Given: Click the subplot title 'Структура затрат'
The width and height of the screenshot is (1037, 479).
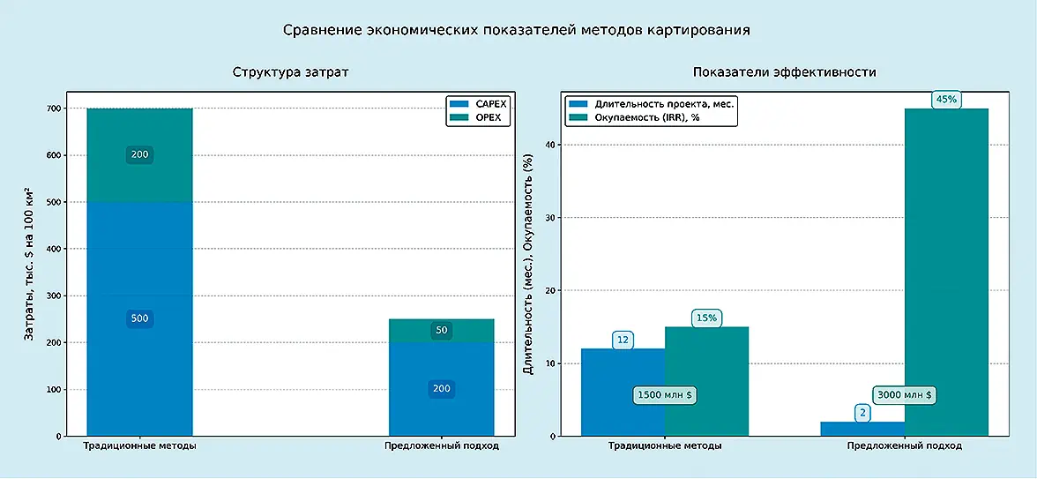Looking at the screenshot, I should click(290, 72).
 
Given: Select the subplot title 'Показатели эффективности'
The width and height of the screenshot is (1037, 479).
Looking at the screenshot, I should click(784, 72).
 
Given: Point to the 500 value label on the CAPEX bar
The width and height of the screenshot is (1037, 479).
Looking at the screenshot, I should click(139, 318).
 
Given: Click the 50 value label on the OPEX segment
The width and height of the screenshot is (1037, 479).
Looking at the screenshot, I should click(442, 331).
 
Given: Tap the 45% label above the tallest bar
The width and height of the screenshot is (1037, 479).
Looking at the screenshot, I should click(946, 100).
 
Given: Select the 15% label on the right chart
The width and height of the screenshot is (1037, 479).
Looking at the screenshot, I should click(705, 318).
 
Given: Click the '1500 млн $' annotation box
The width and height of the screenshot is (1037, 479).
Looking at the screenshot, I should click(665, 395).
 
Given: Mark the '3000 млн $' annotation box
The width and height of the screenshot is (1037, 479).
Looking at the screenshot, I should click(904, 395).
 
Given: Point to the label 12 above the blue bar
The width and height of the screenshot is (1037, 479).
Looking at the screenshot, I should click(623, 340).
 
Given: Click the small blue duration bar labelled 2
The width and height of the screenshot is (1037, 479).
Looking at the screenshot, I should click(862, 429).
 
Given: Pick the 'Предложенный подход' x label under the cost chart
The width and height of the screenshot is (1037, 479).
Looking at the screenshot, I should click(442, 446).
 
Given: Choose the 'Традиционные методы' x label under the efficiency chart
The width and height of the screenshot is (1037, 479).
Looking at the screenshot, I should click(665, 446).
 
